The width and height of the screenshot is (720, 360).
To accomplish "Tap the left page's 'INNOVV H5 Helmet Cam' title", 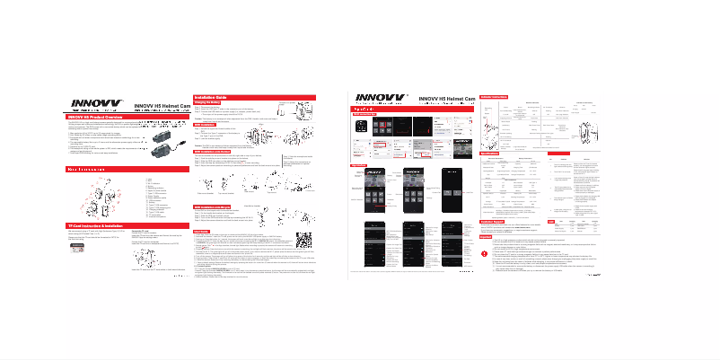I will coord(162,106).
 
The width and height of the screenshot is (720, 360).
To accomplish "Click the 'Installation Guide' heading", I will coord(215,96).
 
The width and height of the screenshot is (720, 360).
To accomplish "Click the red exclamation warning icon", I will coord(485,237).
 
